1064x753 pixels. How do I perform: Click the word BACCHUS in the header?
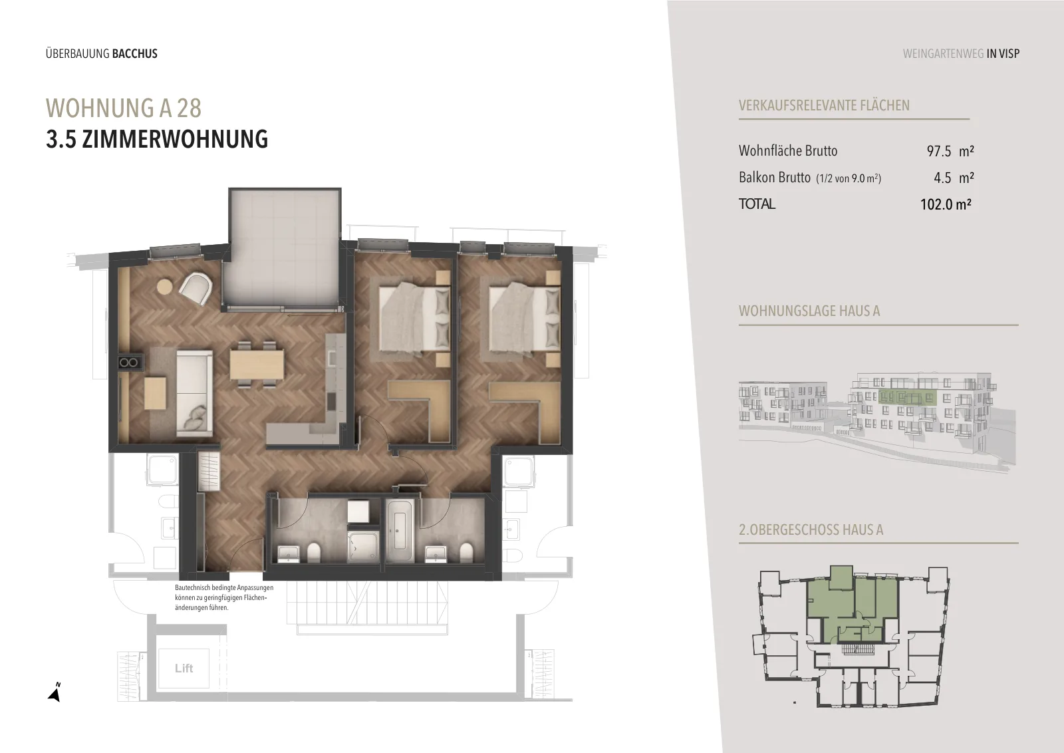[x=135, y=54]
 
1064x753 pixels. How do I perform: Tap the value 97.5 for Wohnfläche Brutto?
[x=938, y=151]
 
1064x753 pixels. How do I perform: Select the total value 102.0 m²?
[x=946, y=204]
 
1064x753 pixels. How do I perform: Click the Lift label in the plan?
[x=184, y=669]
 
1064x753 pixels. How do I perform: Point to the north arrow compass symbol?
[x=55, y=693]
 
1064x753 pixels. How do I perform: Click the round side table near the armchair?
[x=165, y=287]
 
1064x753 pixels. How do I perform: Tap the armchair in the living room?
[x=196, y=287]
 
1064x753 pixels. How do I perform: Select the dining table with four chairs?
[x=257, y=365]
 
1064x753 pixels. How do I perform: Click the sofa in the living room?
[x=195, y=393]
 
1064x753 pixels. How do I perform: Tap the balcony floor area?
[x=283, y=249]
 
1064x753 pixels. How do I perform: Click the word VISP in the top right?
[x=1009, y=54]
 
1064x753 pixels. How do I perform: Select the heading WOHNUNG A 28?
[x=124, y=108]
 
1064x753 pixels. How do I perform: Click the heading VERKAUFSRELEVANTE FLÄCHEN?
[x=824, y=106]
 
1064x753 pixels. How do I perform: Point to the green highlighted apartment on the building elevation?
[x=907, y=397]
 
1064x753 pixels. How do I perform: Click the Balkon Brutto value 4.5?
[x=942, y=178]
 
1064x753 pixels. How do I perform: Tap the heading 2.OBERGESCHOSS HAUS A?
[x=811, y=529]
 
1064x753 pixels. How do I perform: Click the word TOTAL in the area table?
[x=757, y=204]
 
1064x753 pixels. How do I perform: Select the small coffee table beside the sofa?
[x=156, y=393]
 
